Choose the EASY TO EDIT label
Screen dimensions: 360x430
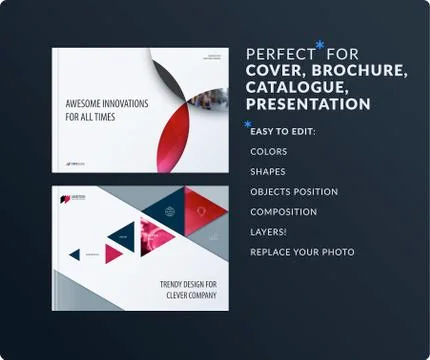click(x=283, y=131)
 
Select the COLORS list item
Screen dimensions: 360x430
click(x=268, y=152)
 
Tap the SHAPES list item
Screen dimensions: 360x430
click(x=267, y=172)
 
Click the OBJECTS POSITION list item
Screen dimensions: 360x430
click(x=294, y=192)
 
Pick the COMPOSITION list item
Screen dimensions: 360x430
click(x=283, y=212)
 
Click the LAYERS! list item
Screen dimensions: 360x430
click(x=268, y=232)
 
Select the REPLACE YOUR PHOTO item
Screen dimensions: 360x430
click(x=302, y=252)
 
